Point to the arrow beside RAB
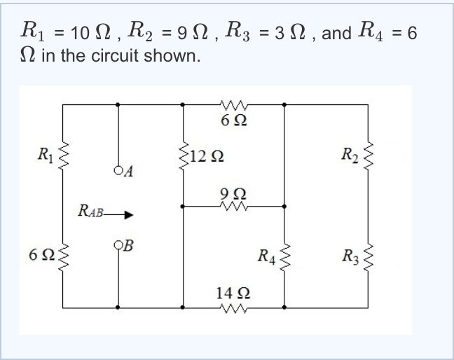(x=118, y=215)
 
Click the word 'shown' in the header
(x=172, y=56)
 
